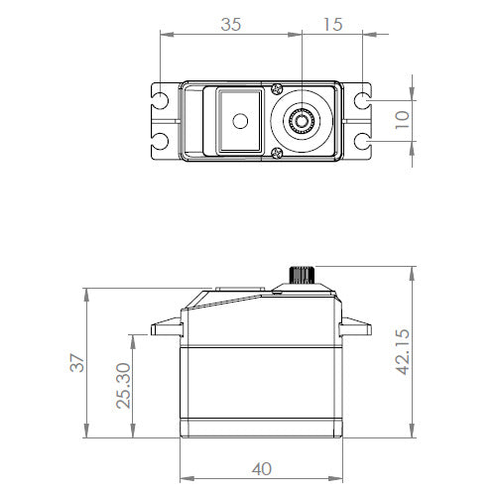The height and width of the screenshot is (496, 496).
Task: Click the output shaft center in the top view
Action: pyautogui.click(x=301, y=121)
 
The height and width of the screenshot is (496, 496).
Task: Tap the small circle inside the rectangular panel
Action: pyautogui.click(x=238, y=121)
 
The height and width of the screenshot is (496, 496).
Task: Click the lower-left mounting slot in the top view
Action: pyautogui.click(x=159, y=140)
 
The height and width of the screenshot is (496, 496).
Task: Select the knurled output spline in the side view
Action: pyautogui.click(x=301, y=273)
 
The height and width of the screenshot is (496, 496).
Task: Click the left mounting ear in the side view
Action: pyautogui.click(x=164, y=326)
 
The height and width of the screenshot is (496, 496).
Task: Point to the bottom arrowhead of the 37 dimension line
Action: pyautogui.click(x=87, y=437)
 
